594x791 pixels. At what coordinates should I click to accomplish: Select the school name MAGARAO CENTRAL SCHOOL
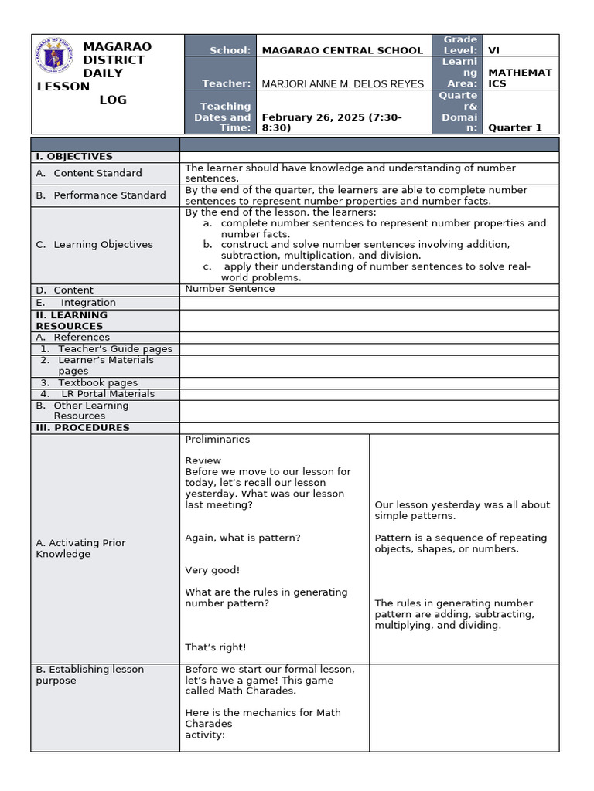[343, 50]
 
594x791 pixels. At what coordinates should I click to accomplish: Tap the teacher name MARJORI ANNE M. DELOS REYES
[343, 83]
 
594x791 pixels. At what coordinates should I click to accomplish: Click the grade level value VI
[494, 50]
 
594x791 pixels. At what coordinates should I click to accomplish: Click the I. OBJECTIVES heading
[74, 157]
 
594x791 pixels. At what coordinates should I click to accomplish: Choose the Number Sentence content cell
[230, 289]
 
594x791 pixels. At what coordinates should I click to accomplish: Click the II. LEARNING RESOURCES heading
[72, 321]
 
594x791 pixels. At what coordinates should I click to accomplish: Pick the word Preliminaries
[217, 439]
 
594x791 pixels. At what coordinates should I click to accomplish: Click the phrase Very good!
[212, 570]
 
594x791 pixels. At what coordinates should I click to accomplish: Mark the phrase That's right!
[215, 647]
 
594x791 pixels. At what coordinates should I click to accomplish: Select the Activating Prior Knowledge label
[80, 548]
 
